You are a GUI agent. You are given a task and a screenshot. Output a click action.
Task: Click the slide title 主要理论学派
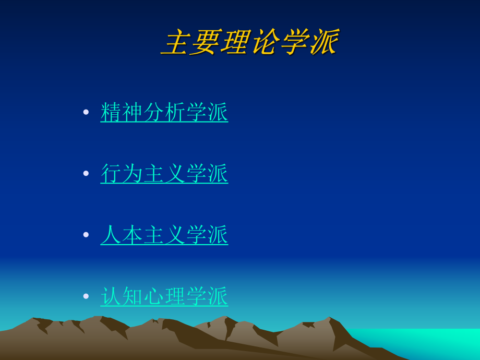click(250, 42)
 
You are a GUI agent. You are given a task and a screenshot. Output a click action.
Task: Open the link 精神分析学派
click(164, 112)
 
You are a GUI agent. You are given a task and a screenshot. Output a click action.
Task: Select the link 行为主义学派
click(164, 174)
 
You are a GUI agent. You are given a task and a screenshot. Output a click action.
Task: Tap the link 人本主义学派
click(164, 235)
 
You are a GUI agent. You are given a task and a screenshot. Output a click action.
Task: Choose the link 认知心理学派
click(164, 296)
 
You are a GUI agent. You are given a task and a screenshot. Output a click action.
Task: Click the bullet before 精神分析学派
click(86, 112)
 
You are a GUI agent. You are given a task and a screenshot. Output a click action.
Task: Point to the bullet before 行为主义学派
click(86, 174)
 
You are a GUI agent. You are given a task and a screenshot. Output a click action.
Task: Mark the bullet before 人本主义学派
click(86, 235)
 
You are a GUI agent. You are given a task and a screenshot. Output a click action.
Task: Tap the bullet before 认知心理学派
click(86, 296)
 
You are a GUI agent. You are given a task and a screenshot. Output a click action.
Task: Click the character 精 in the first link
click(111, 112)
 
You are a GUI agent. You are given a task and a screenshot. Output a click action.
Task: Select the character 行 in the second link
click(111, 174)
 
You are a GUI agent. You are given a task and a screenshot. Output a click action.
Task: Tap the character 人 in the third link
click(111, 235)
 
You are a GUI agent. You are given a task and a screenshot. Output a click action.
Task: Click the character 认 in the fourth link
click(111, 296)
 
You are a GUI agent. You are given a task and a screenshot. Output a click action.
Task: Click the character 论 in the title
click(265, 42)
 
